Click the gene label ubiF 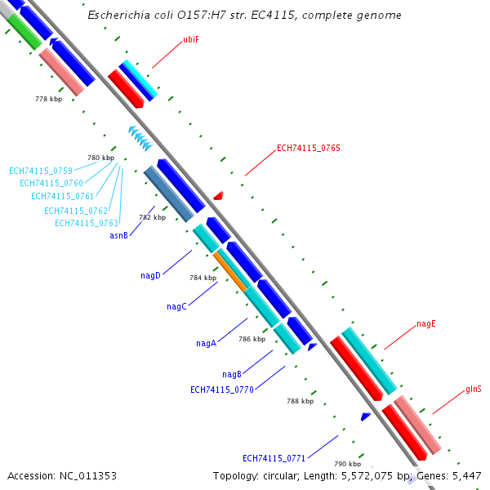click(x=191, y=38)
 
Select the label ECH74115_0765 click(x=308, y=148)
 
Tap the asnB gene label click(x=119, y=235)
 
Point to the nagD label click(x=150, y=275)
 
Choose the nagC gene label click(x=176, y=306)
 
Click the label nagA click(x=206, y=343)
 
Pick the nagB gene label click(x=231, y=374)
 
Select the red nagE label click(x=425, y=323)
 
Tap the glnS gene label click(x=473, y=389)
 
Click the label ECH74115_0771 click(x=274, y=457)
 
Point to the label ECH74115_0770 click(x=221, y=390)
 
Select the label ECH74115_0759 click(x=41, y=171)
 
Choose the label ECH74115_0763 click(x=87, y=223)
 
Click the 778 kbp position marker click(x=48, y=99)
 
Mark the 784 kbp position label click(x=203, y=278)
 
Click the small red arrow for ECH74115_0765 click(x=218, y=196)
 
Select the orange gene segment click(x=230, y=270)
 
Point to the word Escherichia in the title click(x=119, y=16)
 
